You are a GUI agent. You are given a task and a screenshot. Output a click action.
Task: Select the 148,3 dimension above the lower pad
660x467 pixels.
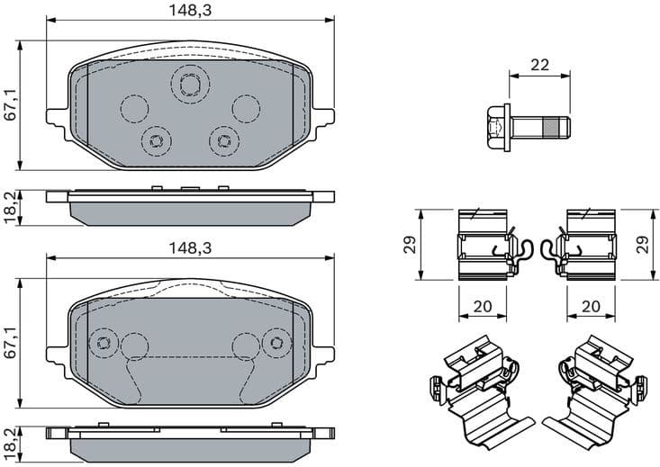tap(189, 247)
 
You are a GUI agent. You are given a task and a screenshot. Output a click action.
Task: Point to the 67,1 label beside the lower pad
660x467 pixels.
tap(10, 342)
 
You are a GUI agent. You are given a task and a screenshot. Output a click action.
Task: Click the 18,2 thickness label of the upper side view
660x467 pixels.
tap(10, 208)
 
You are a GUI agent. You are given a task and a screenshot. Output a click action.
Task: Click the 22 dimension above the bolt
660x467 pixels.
tap(539, 65)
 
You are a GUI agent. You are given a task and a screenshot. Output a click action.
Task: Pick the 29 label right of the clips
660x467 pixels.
tap(641, 245)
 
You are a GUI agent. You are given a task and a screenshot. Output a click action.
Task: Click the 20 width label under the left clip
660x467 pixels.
tap(483, 306)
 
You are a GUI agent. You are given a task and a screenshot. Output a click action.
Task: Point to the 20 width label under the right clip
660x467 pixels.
tap(591, 306)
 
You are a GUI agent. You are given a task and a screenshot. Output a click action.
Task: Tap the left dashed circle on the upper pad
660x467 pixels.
tap(134, 108)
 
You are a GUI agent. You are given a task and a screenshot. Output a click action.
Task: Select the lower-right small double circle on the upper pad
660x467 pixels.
tap(222, 139)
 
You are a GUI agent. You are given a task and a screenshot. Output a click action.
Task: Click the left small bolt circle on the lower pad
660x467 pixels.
tap(104, 343)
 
